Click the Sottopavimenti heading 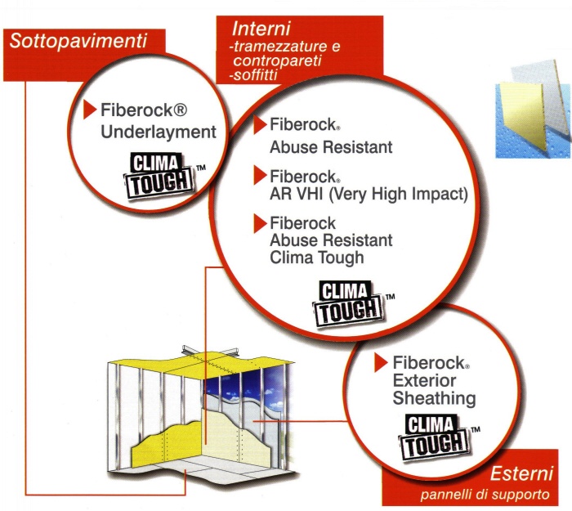[78, 41]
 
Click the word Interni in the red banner [261, 29]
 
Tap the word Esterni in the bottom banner [521, 473]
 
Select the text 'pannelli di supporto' [485, 495]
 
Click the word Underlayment [159, 132]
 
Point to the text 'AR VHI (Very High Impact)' [369, 194]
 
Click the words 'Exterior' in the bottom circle [424, 381]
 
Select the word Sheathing [434, 398]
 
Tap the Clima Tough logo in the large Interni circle [349, 303]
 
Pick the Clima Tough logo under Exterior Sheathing [435, 437]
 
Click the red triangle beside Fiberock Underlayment [89, 109]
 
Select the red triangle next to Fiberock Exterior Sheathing [381, 362]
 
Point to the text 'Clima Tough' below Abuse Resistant [317, 258]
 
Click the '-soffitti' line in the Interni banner [253, 75]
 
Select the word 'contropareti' [277, 61]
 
